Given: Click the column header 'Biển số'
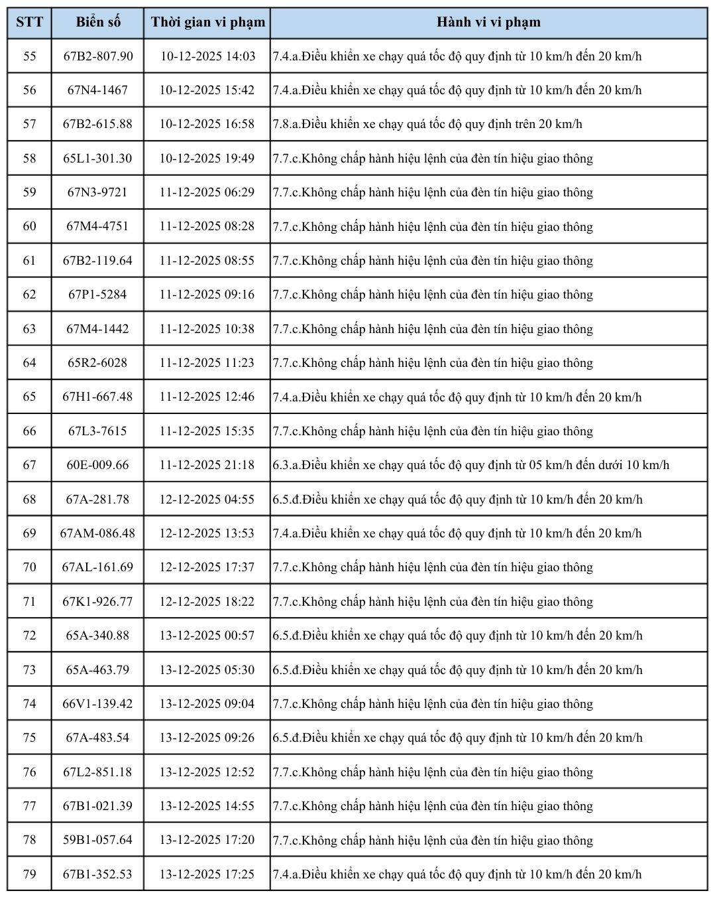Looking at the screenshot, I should tap(98, 23).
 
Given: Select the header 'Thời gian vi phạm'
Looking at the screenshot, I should tap(207, 23).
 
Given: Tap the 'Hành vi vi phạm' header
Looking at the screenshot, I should tap(488, 23).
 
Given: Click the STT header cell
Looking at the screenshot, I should tap(30, 23).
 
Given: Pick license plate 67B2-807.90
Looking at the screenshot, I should tap(98, 56).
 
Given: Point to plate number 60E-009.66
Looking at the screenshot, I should tap(98, 465).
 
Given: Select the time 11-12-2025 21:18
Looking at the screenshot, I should tap(207, 465).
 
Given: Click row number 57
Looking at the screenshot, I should tap(30, 124).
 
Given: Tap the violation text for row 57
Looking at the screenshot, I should tap(427, 124).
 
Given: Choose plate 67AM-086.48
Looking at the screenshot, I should tap(98, 533).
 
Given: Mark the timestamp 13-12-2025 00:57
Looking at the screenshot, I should tap(207, 636).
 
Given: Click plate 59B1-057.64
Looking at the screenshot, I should tap(98, 840).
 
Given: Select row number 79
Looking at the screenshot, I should tap(30, 874).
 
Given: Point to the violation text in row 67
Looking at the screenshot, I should tap(470, 465).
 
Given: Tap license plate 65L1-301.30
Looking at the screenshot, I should tap(98, 159).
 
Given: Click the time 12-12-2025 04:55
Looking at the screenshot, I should tap(207, 500).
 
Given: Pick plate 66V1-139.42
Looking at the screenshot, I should tap(98, 704).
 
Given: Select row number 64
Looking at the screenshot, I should tap(30, 363).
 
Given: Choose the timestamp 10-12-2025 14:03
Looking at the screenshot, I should tap(207, 56).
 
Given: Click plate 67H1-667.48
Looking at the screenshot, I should tap(98, 397).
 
